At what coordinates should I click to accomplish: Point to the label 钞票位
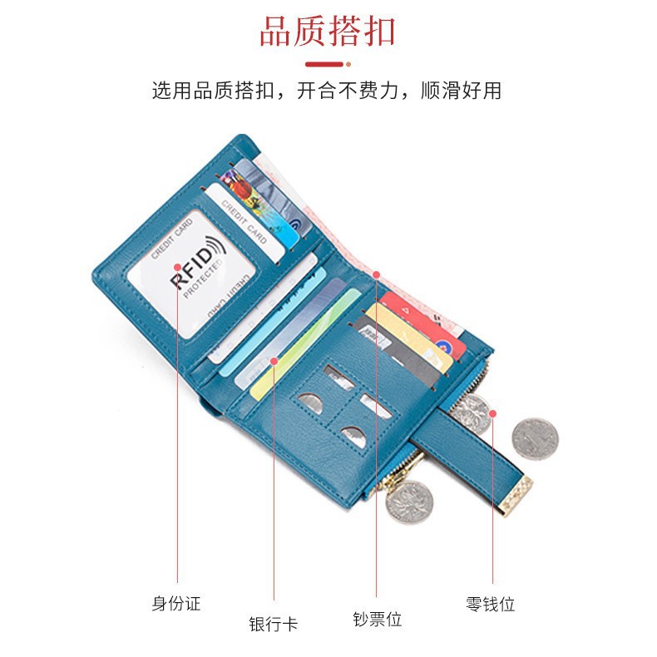(x=377, y=619)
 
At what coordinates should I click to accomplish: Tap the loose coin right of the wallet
(x=534, y=438)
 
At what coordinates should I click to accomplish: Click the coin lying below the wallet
(x=408, y=502)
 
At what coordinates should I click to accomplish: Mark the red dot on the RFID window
(x=177, y=268)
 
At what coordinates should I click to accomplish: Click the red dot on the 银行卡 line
(x=274, y=360)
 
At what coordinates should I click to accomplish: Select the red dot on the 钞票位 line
(x=376, y=274)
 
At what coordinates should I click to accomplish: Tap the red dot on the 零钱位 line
(x=492, y=412)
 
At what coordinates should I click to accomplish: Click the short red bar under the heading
(x=325, y=63)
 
